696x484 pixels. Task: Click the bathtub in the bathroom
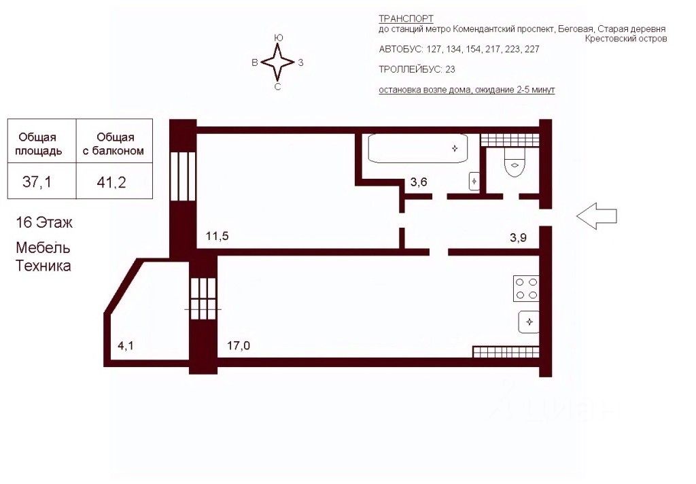point(418,148)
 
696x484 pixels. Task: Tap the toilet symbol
point(515,163)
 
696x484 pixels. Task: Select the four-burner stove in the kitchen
point(525,288)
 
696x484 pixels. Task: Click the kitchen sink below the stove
point(529,321)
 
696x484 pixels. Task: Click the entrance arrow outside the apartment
point(596,216)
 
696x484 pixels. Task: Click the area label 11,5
point(216,237)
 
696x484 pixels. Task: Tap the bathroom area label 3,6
point(418,182)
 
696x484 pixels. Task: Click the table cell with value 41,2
point(114,181)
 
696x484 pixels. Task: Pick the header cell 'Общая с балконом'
point(114,144)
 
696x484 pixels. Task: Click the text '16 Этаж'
point(44,222)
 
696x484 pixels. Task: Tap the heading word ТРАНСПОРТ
point(406,19)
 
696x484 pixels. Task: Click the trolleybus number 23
point(450,69)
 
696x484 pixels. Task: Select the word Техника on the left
point(43,266)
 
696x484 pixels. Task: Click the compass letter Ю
point(278,38)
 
